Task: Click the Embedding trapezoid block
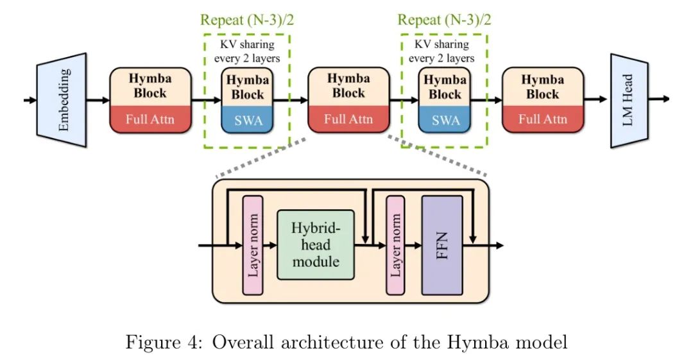pyautogui.click(x=62, y=100)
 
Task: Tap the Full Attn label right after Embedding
pyautogui.click(x=150, y=119)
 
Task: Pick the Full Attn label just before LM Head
pyautogui.click(x=542, y=119)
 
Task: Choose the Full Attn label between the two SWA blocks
pyautogui.click(x=348, y=119)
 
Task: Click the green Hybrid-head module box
pyautogui.click(x=315, y=245)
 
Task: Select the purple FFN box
pyautogui.click(x=442, y=245)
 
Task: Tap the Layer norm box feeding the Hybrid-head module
pyautogui.click(x=252, y=245)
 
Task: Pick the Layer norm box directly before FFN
pyautogui.click(x=395, y=245)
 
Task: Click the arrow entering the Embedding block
pyautogui.click(x=30, y=100)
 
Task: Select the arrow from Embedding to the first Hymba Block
pyautogui.click(x=98, y=100)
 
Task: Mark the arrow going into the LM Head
pyautogui.click(x=597, y=99)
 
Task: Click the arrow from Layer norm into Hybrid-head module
pyautogui.click(x=269, y=245)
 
